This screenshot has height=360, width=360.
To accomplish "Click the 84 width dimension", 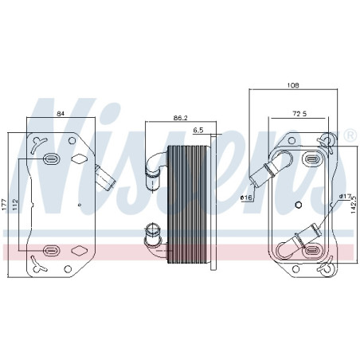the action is point(61,113).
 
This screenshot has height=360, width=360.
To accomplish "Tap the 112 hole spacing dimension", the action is point(15,205).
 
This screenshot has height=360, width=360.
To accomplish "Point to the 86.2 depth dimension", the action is point(180,118).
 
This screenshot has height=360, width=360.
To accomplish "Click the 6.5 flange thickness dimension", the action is point(198,130).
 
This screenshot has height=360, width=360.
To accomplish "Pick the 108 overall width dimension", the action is point(293,85).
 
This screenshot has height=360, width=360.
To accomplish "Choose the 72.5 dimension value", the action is point(299,114).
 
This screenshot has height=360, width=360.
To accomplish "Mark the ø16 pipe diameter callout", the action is point(246,198).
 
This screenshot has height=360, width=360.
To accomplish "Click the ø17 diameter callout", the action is point(345,197).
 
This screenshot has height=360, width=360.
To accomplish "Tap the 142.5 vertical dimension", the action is point(353,205).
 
